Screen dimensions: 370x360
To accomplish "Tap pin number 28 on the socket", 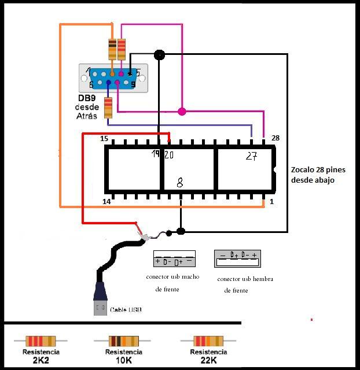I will (275, 138).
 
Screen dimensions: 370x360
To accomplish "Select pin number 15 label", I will (104, 139).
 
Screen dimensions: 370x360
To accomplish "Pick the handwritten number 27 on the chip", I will (251, 156).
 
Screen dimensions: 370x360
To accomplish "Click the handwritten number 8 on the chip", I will (180, 183).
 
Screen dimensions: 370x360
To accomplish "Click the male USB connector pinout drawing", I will (174, 258).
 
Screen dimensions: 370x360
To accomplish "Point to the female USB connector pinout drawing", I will (237, 258).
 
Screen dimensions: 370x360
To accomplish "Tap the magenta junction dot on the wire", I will (182, 111).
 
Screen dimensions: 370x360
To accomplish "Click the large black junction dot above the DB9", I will (159, 55).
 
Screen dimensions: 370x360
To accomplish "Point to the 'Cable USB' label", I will (126, 310).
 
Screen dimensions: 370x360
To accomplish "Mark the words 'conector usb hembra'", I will (245, 279).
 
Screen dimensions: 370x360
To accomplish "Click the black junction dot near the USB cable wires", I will (181, 231).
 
